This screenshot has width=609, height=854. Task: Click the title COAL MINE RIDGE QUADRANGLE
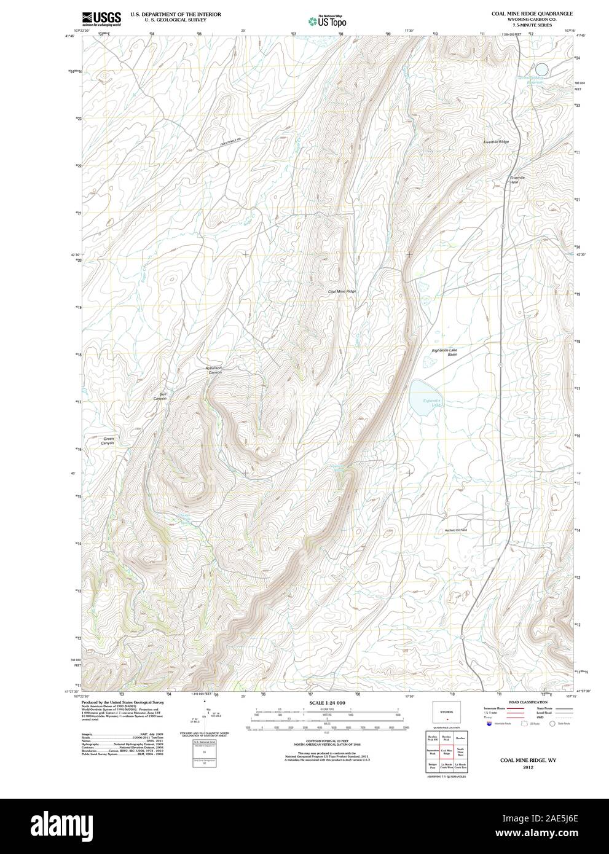[532, 13]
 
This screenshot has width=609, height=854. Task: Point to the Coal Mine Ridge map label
[342, 291]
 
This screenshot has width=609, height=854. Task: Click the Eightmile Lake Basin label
[444, 352]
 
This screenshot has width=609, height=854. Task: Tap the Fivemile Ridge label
[496, 142]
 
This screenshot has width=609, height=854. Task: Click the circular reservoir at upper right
[541, 69]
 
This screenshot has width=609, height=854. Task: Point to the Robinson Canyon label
[213, 370]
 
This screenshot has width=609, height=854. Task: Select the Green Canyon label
[108, 441]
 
